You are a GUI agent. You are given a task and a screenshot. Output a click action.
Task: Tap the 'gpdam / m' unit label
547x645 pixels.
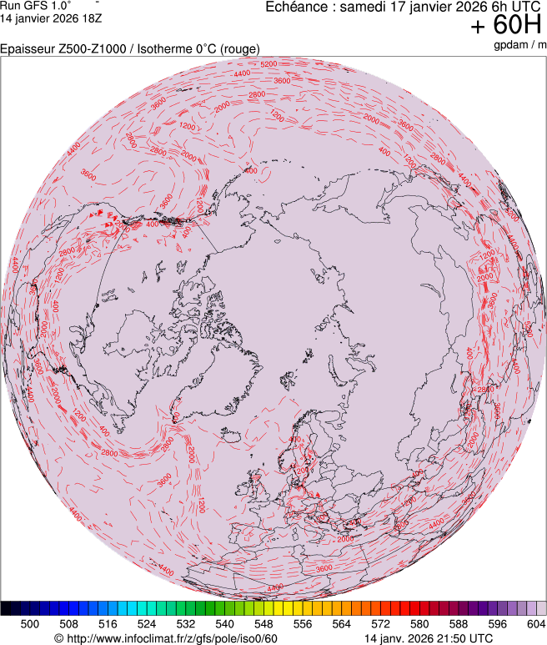pyautogui.click(x=519, y=45)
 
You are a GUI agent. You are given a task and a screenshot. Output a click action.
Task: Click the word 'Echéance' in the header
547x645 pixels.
pyautogui.click(x=294, y=8)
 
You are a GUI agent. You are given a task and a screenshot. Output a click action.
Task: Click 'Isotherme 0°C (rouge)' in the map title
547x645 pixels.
pyautogui.click(x=199, y=49)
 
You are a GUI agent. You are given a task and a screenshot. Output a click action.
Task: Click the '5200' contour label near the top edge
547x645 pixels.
pyautogui.click(x=268, y=64)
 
